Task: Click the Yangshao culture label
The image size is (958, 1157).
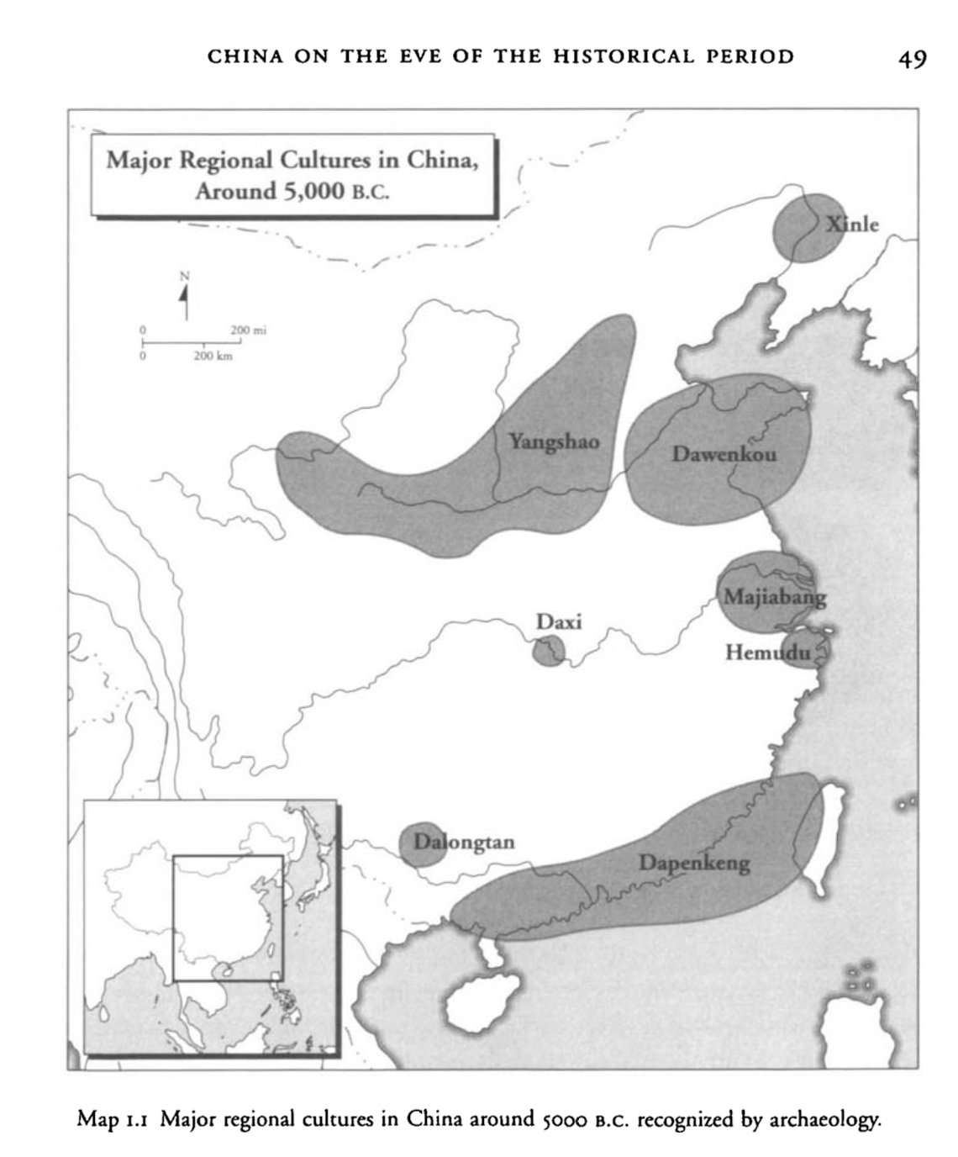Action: (554, 441)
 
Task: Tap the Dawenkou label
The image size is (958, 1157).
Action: (724, 455)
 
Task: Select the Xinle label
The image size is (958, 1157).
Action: (852, 225)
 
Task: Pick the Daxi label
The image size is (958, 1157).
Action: (559, 622)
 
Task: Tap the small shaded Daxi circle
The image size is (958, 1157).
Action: (549, 651)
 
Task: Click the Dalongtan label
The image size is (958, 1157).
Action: (464, 842)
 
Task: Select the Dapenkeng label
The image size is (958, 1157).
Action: (694, 863)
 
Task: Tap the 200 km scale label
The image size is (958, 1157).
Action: (213, 357)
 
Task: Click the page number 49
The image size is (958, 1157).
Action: (912, 59)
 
